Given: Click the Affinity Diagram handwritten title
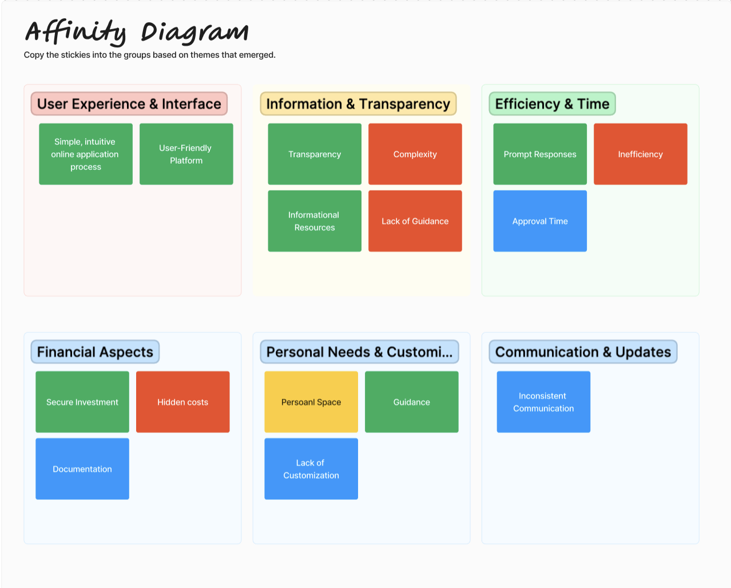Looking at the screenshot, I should (x=137, y=32).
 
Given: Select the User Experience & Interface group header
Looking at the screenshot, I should (x=129, y=104).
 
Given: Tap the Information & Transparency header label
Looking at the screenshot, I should (x=358, y=104).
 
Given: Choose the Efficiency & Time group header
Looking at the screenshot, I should (x=552, y=104).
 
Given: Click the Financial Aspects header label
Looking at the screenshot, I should (x=95, y=352).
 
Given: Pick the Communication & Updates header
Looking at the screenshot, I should (x=583, y=352).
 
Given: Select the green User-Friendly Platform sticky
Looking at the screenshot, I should (x=186, y=154).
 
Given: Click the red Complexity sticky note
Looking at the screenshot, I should (x=415, y=154).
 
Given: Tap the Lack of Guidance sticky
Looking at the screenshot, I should (x=415, y=221).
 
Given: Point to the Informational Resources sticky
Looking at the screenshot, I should (x=315, y=221).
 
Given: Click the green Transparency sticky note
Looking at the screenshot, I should (x=315, y=154).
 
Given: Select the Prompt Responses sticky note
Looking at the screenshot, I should (x=540, y=154).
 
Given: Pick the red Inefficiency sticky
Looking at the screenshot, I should (x=640, y=154).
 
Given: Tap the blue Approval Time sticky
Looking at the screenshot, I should (x=540, y=221).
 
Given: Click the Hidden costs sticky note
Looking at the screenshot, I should (x=182, y=402).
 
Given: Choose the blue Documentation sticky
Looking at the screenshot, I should (x=82, y=468).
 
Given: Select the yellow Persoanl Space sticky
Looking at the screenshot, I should (x=311, y=402).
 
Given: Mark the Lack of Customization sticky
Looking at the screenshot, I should (x=311, y=468).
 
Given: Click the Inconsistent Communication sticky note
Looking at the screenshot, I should (x=543, y=402).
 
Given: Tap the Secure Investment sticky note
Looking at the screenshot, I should (x=82, y=402).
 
